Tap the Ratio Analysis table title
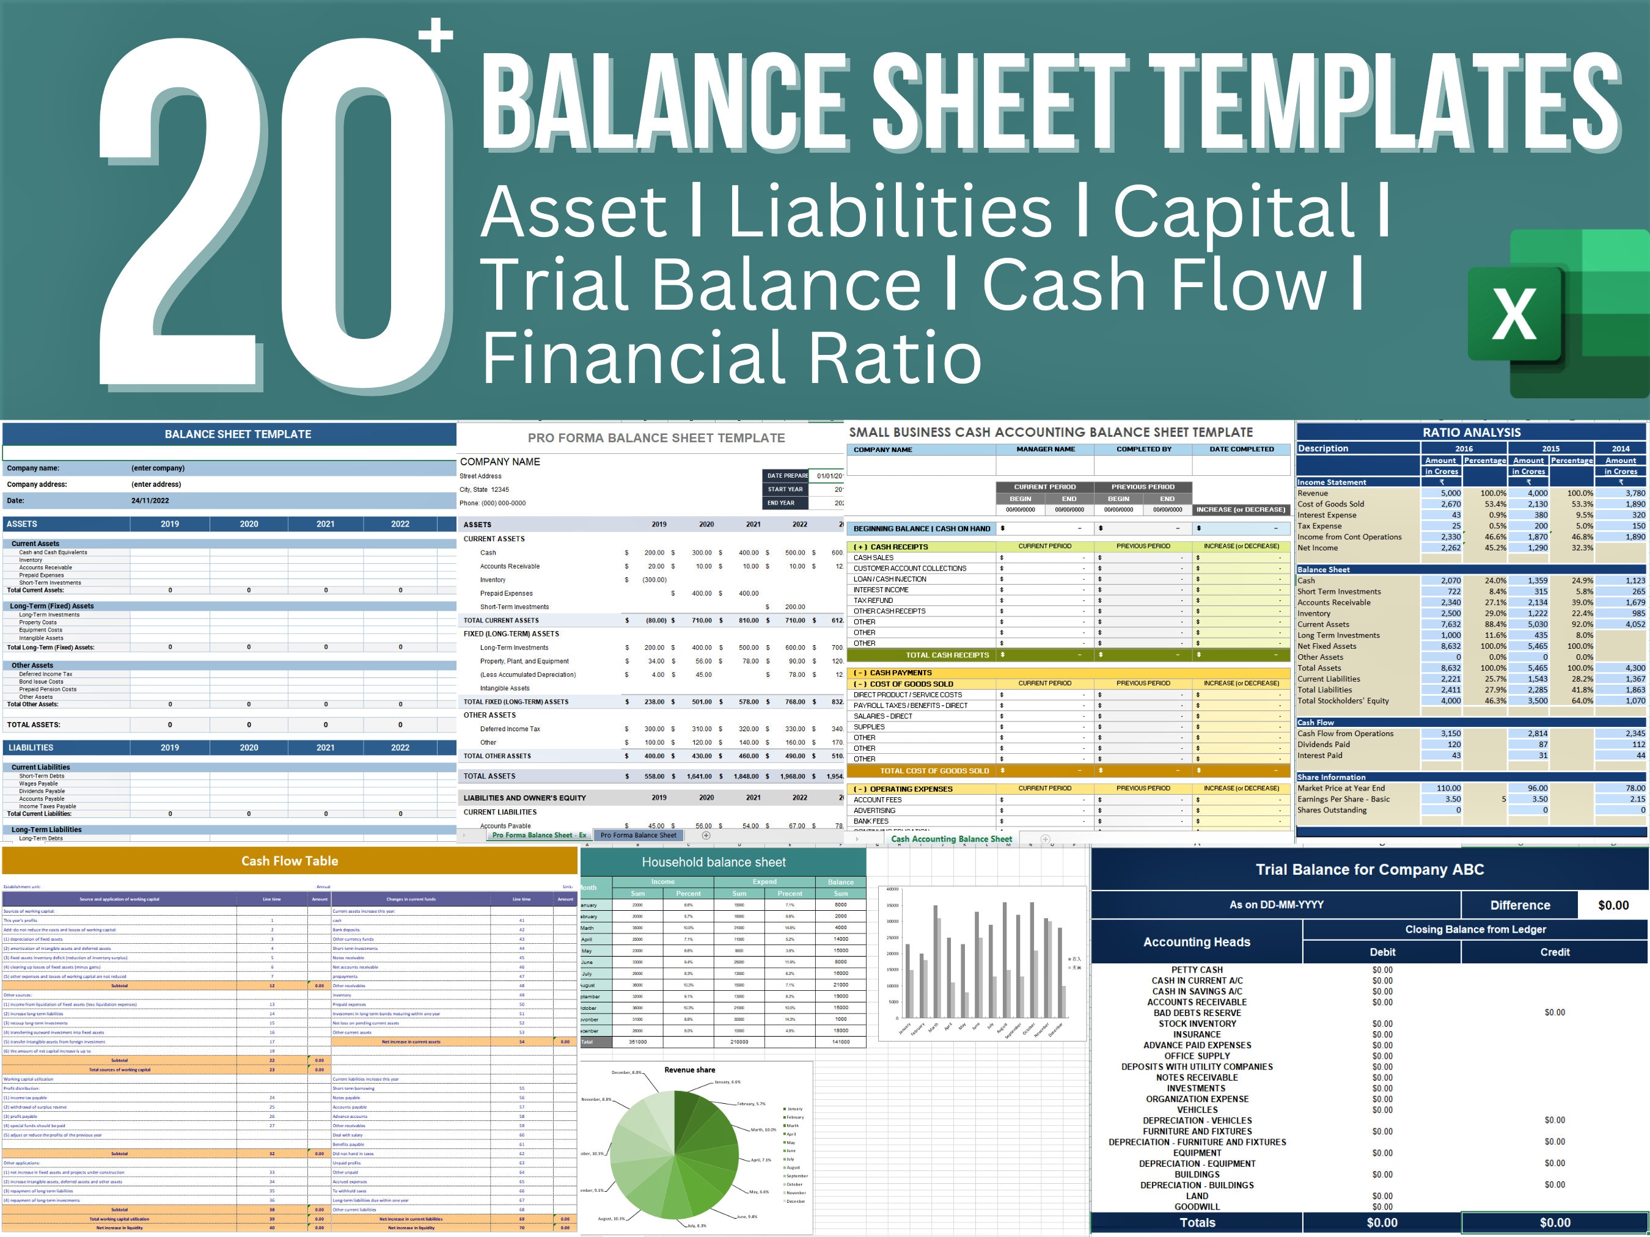click(1471, 432)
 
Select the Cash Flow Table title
click(290, 861)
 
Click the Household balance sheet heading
click(714, 863)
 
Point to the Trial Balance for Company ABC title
click(1369, 869)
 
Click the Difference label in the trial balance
click(1519, 905)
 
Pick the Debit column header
click(1382, 952)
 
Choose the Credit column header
click(1555, 952)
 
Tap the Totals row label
click(1197, 1222)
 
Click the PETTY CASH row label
click(1197, 970)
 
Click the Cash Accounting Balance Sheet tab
click(951, 839)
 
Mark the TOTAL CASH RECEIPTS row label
click(947, 655)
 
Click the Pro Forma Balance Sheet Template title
click(656, 439)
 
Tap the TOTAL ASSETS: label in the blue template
click(34, 724)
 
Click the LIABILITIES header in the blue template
click(31, 748)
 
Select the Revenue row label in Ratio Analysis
click(1313, 493)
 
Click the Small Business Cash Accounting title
click(1051, 432)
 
